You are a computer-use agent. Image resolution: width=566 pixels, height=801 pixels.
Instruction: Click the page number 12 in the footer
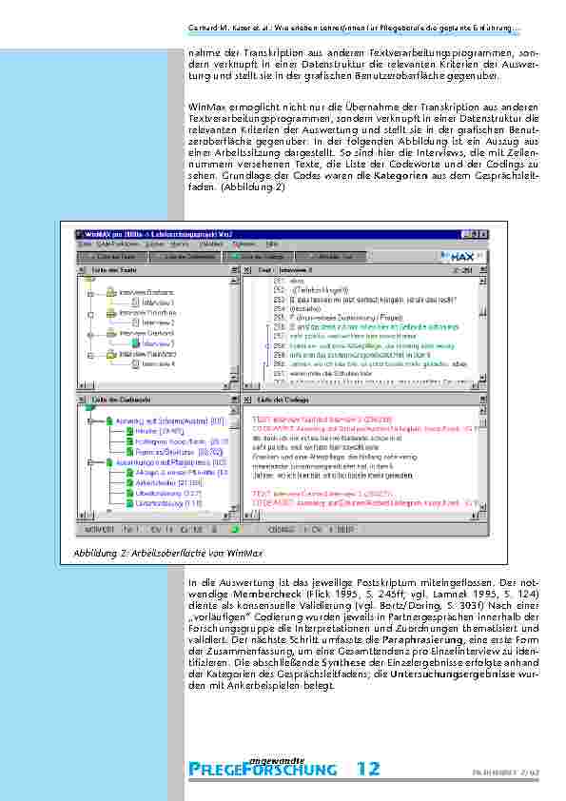tap(369, 768)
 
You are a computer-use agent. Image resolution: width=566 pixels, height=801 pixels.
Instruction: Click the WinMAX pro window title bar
tap(152, 231)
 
